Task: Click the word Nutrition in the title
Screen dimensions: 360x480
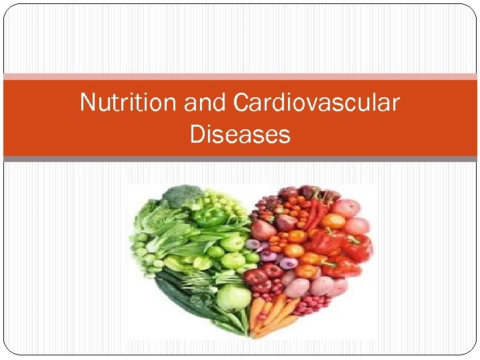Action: click(x=120, y=103)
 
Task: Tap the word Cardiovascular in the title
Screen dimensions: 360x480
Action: click(x=317, y=103)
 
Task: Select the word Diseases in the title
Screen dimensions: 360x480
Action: click(x=240, y=135)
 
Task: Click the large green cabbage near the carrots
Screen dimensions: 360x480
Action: click(x=233, y=296)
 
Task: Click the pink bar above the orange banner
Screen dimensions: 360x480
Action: click(x=240, y=77)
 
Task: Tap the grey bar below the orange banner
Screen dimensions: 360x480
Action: click(x=240, y=159)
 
